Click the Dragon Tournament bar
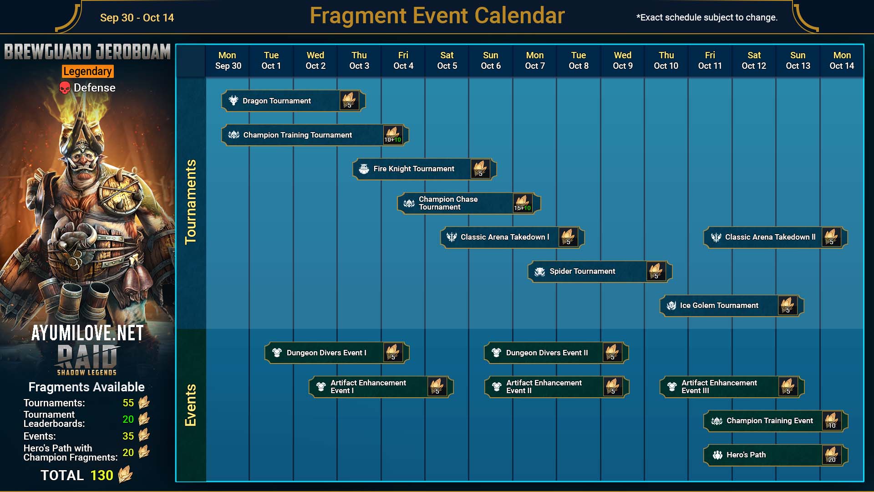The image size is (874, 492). [x=293, y=101]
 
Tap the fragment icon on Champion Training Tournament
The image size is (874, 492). [x=392, y=135]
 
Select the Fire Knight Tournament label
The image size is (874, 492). [x=414, y=169]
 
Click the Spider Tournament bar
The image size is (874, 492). [x=600, y=272]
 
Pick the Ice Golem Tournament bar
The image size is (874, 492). [x=732, y=306]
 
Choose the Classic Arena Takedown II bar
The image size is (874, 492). [x=775, y=237]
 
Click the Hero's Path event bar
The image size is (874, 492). [x=775, y=455]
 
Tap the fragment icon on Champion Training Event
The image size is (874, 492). [x=832, y=421]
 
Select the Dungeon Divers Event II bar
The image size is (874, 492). [x=556, y=353]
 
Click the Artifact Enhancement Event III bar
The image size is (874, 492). [x=732, y=387]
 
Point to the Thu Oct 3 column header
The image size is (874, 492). [x=359, y=61]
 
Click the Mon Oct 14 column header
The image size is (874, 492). [x=842, y=61]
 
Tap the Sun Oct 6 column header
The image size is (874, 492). [x=491, y=61]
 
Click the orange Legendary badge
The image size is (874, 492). [x=88, y=72]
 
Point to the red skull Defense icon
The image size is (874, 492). [x=65, y=88]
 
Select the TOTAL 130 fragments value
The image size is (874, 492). [x=102, y=476]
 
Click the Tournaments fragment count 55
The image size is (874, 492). [x=128, y=403]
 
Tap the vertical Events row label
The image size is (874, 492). [x=190, y=405]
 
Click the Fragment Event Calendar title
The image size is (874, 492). [x=437, y=16]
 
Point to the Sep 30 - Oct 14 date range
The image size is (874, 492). [x=137, y=18]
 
